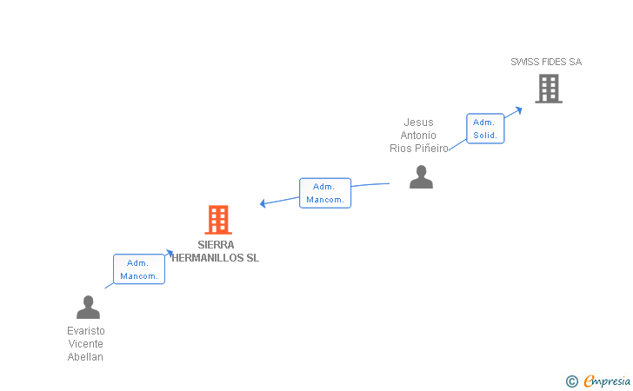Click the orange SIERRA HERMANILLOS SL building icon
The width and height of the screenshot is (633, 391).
218,220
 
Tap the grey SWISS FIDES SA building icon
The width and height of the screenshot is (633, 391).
548,89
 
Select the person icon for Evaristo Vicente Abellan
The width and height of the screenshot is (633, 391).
88,308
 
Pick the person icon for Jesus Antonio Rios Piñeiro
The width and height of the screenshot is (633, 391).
421,177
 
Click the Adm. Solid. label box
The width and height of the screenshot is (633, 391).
485,129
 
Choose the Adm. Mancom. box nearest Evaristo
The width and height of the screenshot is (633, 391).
138,269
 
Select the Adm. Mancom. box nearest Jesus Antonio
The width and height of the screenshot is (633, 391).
324,193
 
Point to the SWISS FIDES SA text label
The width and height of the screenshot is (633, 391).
546,62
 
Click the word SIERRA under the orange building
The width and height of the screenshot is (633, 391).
216,245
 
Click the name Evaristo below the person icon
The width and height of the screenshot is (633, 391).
86,331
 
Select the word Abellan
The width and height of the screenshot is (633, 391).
86,357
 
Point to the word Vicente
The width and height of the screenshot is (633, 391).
86,344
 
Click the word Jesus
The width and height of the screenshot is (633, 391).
418,123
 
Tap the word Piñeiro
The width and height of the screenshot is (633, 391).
432,149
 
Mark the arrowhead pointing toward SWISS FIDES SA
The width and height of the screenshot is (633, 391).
518,109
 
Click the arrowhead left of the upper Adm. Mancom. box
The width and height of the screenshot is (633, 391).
263,204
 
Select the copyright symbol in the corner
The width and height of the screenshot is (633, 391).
571,381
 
